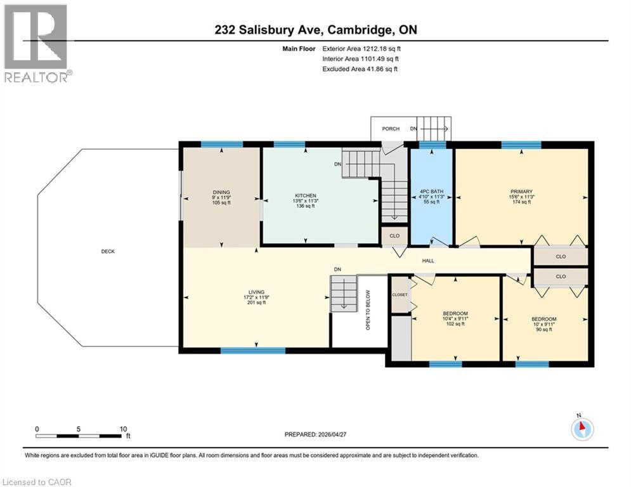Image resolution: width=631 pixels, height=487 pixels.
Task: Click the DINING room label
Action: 221,192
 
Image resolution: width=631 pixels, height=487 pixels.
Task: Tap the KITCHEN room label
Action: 305,195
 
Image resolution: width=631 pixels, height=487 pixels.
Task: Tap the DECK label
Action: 107,251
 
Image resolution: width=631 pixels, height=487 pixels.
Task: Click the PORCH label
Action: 391,129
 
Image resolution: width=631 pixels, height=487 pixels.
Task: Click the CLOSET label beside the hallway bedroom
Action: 400,295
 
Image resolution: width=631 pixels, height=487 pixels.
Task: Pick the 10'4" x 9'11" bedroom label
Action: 455,314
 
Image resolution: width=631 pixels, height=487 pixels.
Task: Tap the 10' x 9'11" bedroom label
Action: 544,319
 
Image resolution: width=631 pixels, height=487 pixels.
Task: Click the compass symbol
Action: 581,429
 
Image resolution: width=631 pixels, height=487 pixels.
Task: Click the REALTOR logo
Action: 36,42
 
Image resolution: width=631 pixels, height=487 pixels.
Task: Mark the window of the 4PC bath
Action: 432,145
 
